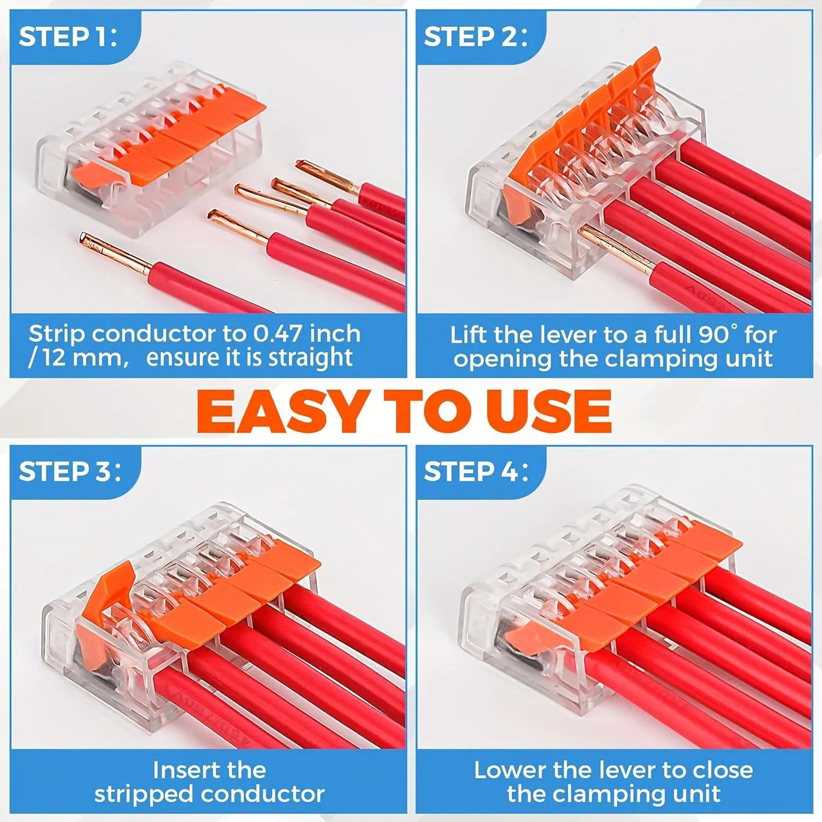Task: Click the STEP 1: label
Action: pyautogui.click(x=68, y=37)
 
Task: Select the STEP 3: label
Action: pyautogui.click(x=70, y=471)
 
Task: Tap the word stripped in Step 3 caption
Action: pyautogui.click(x=144, y=795)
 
